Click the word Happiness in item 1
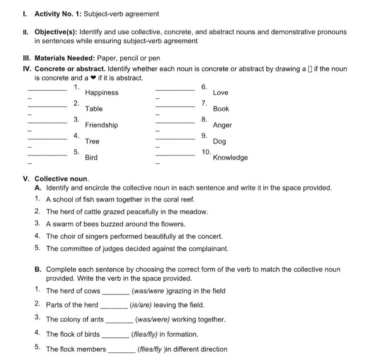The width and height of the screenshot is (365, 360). (102, 93)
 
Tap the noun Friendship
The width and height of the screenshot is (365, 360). (102, 125)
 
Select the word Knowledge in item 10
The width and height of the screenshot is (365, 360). (230, 158)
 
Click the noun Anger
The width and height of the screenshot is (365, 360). (222, 125)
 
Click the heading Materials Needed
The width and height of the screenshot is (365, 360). (65, 58)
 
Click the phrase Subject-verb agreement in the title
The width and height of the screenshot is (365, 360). (121, 14)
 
